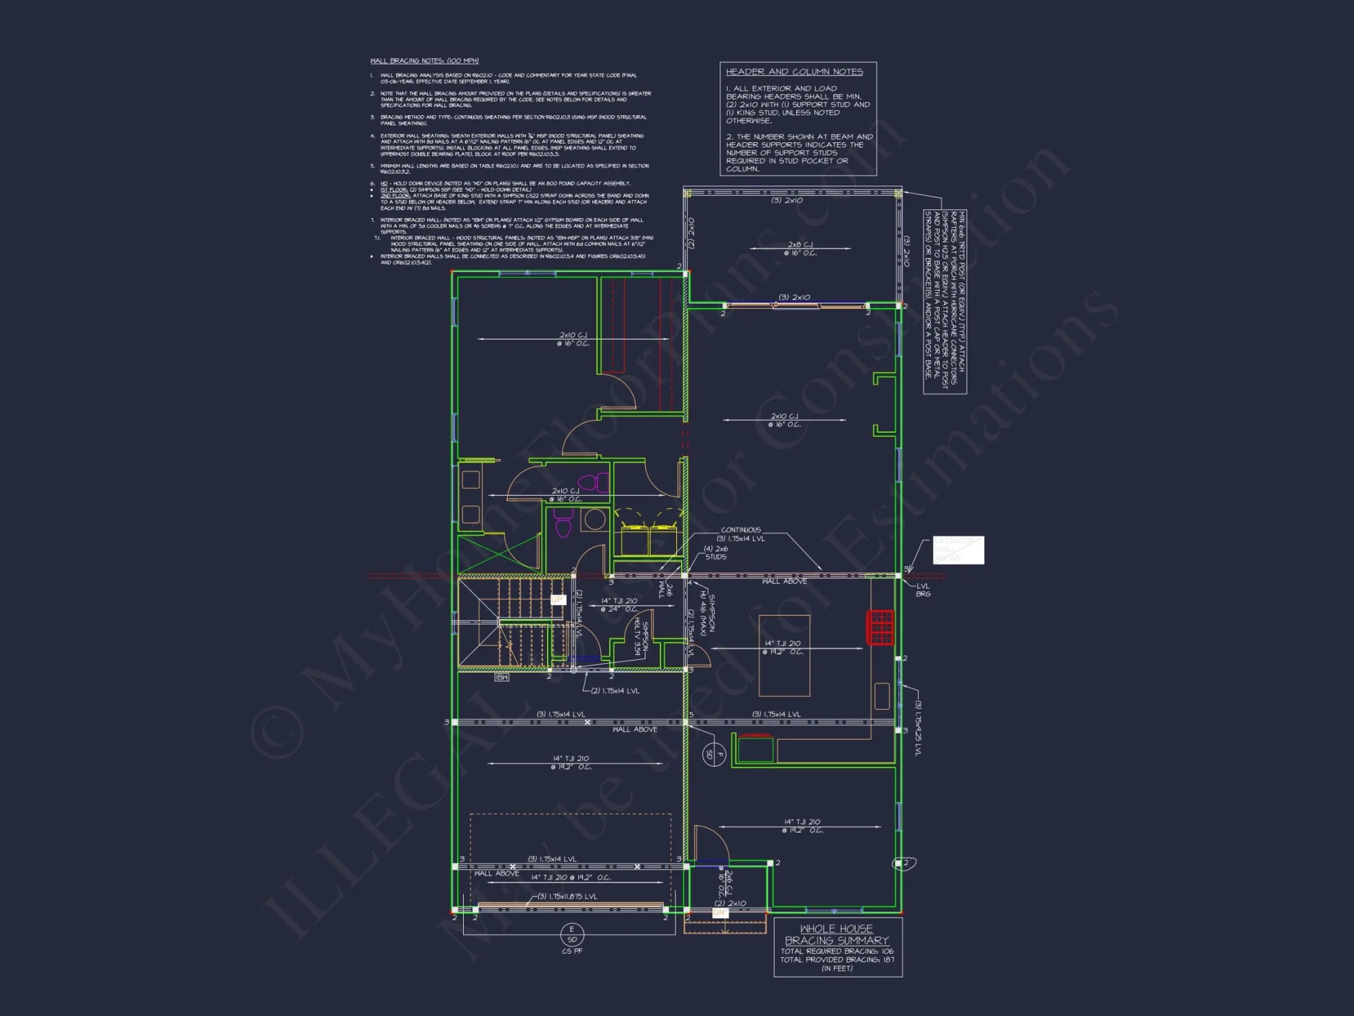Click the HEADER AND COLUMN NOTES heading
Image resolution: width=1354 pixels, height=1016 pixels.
[x=794, y=72]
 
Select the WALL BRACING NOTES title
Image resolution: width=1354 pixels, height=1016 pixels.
[x=424, y=61]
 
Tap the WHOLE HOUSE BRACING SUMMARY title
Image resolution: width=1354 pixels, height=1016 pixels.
[x=837, y=935]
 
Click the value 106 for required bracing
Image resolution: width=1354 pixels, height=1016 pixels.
[x=888, y=951]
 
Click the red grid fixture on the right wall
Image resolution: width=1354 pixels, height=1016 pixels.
[x=881, y=627]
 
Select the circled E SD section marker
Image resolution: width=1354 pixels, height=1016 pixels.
[x=572, y=934]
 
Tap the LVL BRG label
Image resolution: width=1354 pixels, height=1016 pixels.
[x=923, y=590]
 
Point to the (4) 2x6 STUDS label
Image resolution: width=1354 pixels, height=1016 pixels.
[x=716, y=553]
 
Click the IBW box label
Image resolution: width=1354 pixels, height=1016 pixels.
[x=502, y=677]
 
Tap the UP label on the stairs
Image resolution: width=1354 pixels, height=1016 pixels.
[x=557, y=599]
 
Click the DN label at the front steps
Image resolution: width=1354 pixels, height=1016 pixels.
[x=719, y=912]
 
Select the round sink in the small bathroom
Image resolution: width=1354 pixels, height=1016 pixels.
[x=595, y=520]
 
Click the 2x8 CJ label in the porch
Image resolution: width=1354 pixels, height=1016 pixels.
[x=800, y=249]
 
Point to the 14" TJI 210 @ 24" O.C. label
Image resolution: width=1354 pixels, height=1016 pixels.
[x=619, y=605]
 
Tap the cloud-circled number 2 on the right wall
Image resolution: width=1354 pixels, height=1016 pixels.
[x=904, y=864]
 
